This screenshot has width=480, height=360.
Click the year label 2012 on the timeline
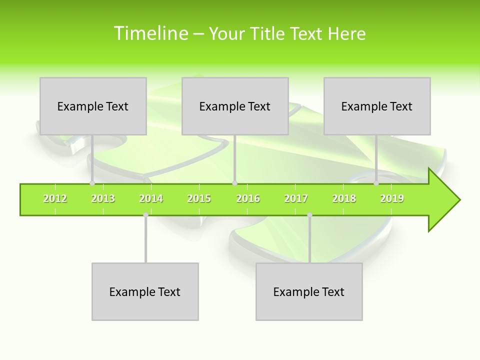[55, 198]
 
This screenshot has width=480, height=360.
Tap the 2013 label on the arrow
[103, 198]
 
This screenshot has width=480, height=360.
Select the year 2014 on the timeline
[151, 198]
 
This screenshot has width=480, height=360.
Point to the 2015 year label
[199, 198]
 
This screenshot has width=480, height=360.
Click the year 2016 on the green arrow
[248, 198]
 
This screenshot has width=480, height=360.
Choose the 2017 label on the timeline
[296, 198]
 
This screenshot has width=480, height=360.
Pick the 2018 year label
[344, 198]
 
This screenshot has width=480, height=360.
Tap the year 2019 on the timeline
[392, 198]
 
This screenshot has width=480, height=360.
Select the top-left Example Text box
[93, 106]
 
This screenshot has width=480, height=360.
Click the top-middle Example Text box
[235, 106]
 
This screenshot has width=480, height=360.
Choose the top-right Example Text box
[377, 106]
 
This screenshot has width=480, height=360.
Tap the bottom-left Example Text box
[145, 291]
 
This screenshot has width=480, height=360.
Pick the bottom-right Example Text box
[309, 291]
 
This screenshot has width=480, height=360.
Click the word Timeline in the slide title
[150, 33]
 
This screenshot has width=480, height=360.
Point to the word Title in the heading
[269, 33]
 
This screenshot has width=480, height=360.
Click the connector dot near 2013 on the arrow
[92, 183]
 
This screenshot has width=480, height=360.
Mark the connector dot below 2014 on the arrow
[145, 215]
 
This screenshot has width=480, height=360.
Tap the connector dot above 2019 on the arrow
[376, 183]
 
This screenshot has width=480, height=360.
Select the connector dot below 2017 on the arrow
[309, 215]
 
